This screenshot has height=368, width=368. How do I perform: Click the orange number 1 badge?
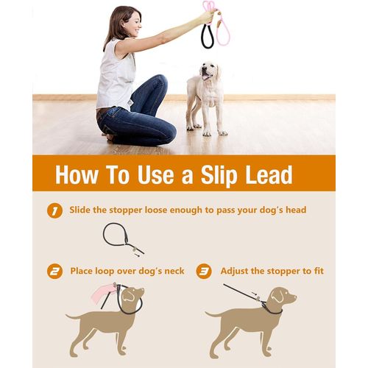(54, 211)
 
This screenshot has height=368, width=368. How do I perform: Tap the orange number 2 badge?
(54, 272)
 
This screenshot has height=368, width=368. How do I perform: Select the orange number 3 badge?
(204, 272)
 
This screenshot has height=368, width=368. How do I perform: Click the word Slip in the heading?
(212, 175)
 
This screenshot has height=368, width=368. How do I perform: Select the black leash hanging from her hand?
(208, 36)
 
